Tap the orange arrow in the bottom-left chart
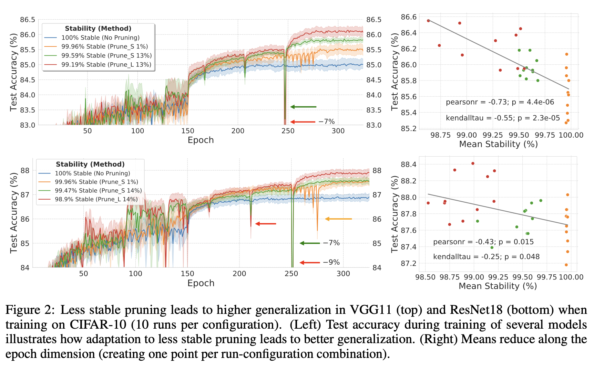point(338,219)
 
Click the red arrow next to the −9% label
point(310,263)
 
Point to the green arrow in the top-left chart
point(303,107)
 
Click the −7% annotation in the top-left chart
point(326,121)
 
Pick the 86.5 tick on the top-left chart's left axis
point(28,20)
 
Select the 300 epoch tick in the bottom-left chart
point(343,274)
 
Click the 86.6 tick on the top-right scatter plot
point(409,17)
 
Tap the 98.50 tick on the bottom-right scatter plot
point(425,277)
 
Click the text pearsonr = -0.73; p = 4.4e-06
point(500,102)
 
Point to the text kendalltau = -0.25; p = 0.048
point(486,257)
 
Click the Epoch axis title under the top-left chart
point(201,140)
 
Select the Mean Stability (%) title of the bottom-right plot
point(498,286)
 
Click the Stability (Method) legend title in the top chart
point(98,29)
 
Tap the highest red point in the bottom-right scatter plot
point(473,163)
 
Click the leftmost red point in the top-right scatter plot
point(428,21)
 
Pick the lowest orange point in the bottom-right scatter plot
point(566,265)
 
